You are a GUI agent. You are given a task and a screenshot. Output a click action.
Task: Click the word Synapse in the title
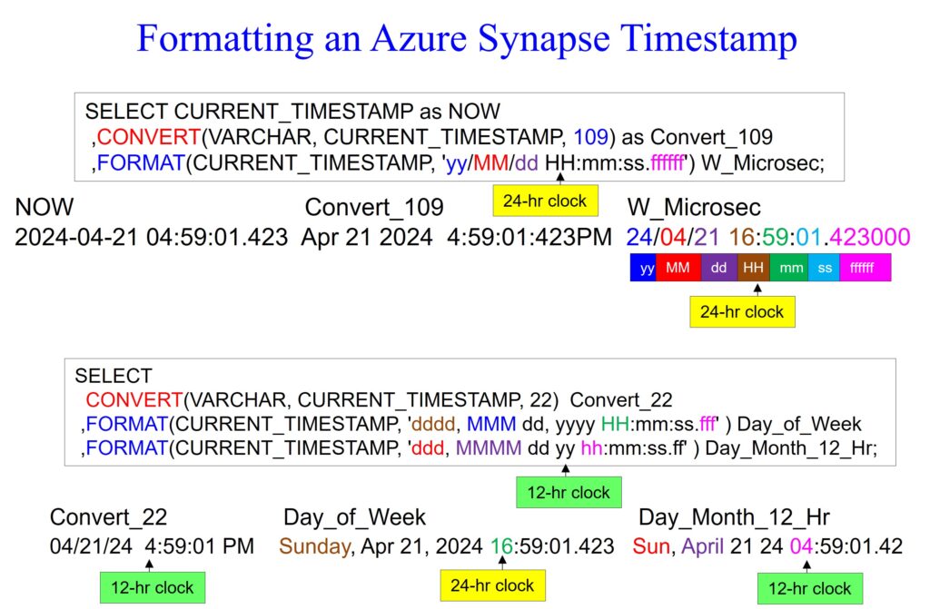[x=544, y=39]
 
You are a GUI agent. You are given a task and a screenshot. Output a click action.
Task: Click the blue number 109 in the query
[x=590, y=137]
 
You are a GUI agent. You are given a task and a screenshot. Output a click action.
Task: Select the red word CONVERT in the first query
[x=149, y=137]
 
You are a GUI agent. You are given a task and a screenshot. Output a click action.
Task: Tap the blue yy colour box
[x=643, y=268]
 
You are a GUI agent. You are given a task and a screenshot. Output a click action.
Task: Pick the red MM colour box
[x=678, y=268]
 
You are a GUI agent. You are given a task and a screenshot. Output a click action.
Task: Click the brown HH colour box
[x=753, y=268]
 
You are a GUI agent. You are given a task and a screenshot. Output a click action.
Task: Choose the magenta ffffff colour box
[x=865, y=268]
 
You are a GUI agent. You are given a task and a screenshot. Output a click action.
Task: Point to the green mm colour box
[x=791, y=268]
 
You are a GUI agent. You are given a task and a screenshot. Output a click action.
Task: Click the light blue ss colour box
[x=826, y=268]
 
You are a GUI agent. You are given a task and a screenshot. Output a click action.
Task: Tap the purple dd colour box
[x=719, y=268]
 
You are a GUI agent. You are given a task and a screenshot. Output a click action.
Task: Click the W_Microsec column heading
[x=694, y=208]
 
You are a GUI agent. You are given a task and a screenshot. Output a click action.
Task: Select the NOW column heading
[x=45, y=207]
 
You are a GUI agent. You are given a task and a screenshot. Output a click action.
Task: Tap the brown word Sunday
[x=314, y=546]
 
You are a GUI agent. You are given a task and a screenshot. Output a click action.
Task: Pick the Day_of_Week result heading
[x=355, y=517]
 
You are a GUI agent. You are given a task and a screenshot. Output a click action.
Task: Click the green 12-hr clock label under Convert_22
[x=153, y=587]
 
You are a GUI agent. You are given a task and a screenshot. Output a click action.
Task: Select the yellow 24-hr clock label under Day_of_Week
[x=492, y=585]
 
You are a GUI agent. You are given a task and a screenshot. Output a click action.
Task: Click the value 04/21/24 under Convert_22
[x=92, y=546]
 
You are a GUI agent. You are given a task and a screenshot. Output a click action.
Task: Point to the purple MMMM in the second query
[x=489, y=447]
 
